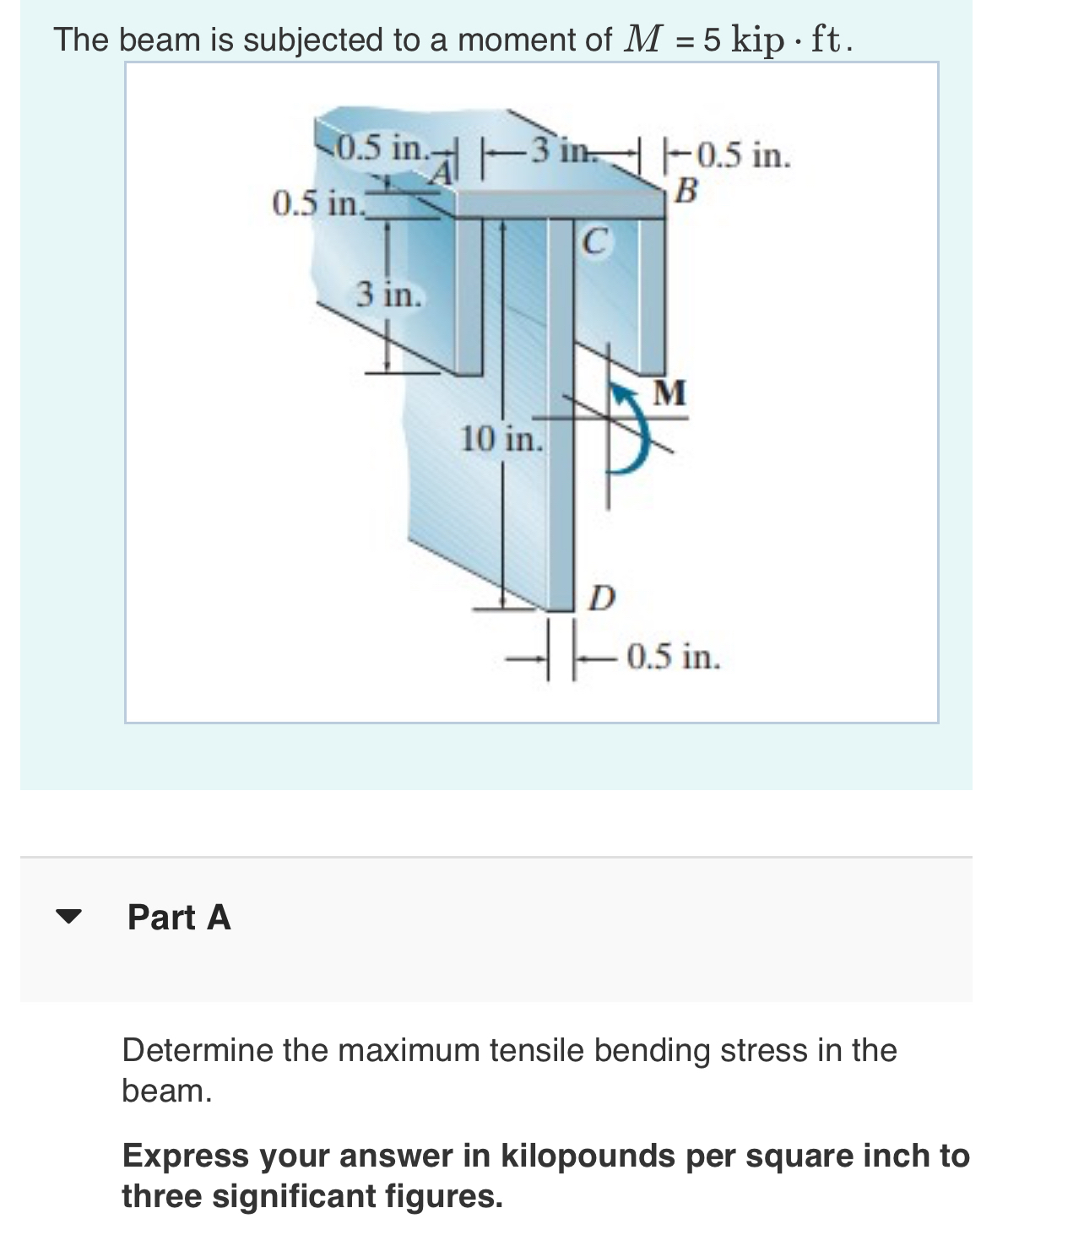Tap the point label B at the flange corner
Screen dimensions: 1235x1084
coord(687,193)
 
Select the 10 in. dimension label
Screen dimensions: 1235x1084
coord(501,439)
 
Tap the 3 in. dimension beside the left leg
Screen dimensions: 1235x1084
coord(388,295)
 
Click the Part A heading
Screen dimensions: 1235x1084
coord(179,918)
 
